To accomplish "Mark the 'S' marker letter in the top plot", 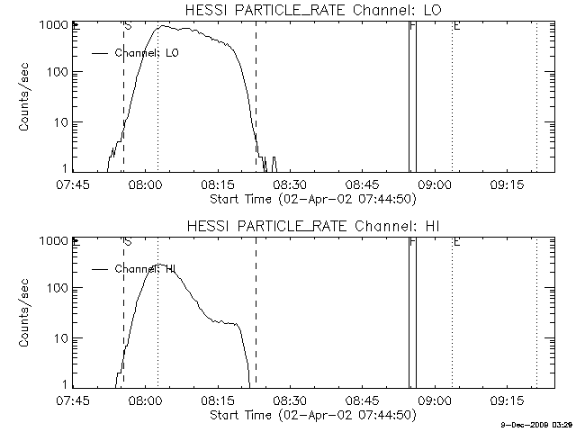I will coord(128,26).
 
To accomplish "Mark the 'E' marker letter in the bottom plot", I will coord(456,242).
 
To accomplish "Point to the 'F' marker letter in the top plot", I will coord(412,26).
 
